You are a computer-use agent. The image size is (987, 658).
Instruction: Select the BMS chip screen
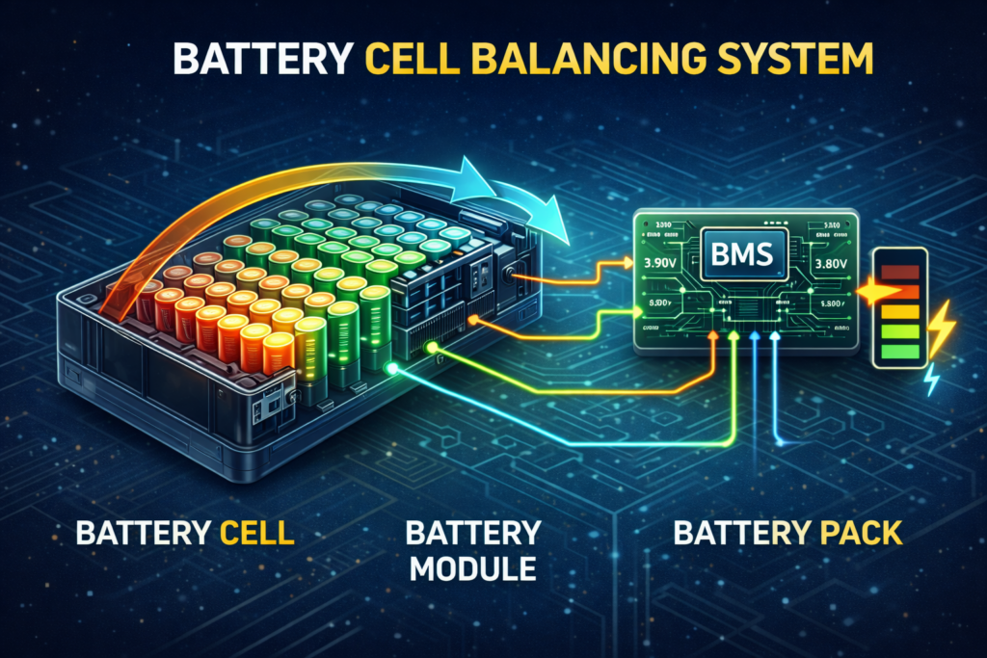coord(744,254)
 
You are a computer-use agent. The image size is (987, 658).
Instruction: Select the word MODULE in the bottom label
coord(472,568)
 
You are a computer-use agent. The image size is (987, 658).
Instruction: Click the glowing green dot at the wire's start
coord(389,368)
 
